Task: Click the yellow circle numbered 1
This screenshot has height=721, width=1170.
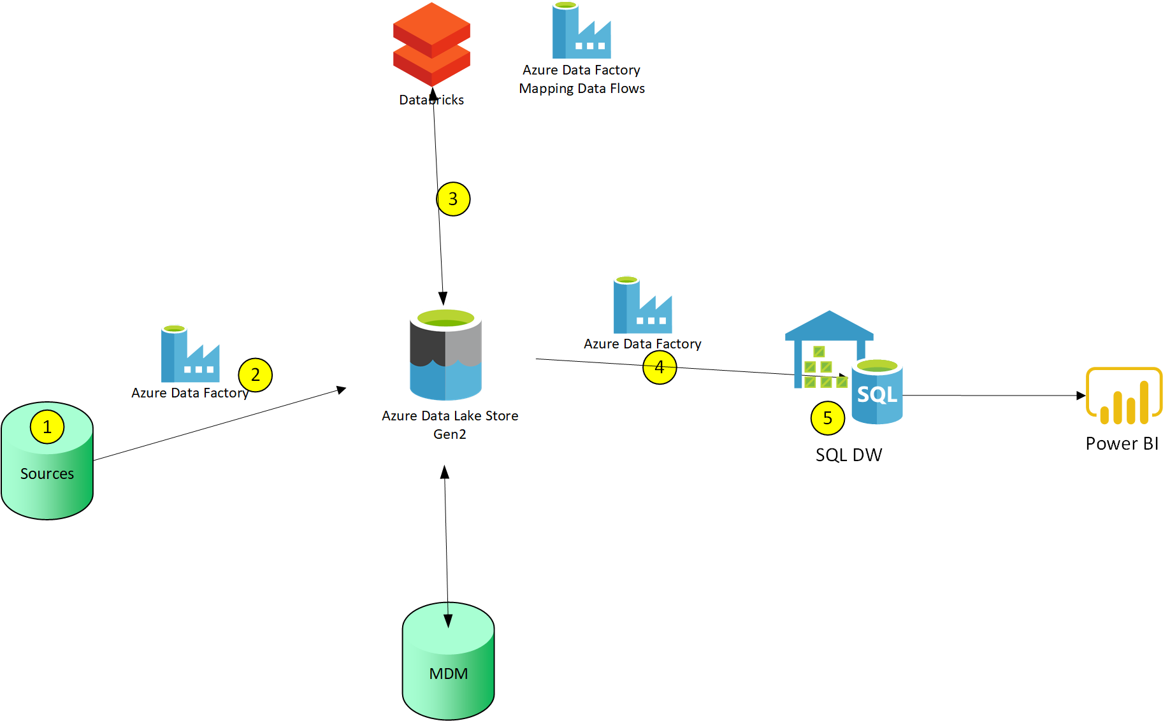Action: [47, 427]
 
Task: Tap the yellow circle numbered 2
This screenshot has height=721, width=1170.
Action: [256, 375]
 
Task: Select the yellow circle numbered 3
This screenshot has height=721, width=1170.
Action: [453, 199]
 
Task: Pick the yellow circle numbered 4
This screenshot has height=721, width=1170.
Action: [660, 368]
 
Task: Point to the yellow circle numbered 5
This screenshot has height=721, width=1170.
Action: [828, 418]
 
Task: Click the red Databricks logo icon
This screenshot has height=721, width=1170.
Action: [431, 43]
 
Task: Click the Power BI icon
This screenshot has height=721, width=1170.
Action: [1124, 396]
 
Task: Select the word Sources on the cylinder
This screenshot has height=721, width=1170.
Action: [47, 474]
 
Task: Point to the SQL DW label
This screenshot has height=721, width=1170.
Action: [849, 455]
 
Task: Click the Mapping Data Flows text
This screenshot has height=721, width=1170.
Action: [582, 89]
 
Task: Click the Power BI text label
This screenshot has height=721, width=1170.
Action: [1122, 443]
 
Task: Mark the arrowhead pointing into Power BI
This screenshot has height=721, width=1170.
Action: [1081, 396]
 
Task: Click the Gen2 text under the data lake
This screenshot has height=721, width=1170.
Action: [450, 434]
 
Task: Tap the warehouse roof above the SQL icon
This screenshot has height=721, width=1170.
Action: [828, 325]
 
